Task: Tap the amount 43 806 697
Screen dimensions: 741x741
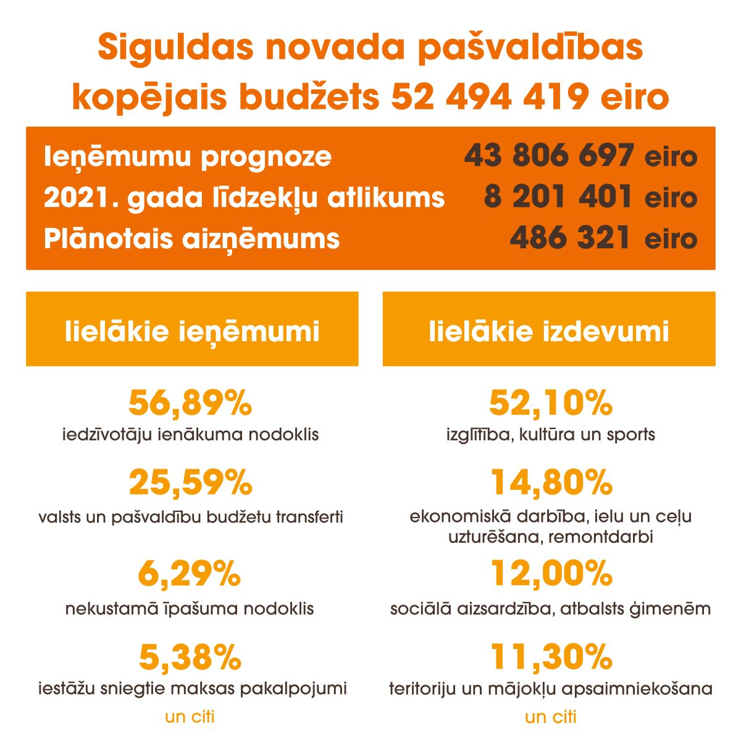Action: (x=549, y=156)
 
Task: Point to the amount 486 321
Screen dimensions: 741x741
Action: (x=569, y=238)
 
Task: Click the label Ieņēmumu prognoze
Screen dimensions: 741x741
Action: (x=188, y=157)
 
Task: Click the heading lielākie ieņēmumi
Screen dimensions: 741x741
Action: (x=192, y=332)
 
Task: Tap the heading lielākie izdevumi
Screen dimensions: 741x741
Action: (x=549, y=332)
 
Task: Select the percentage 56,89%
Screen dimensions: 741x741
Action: (x=190, y=404)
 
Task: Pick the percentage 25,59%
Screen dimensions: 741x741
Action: (x=190, y=482)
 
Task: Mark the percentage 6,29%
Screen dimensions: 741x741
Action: (x=189, y=574)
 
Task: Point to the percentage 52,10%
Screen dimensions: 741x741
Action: (x=550, y=404)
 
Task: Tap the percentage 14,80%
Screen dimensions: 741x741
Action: (x=551, y=482)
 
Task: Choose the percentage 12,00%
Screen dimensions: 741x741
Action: (x=551, y=574)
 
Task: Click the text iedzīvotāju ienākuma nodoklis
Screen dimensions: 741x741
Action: (x=190, y=435)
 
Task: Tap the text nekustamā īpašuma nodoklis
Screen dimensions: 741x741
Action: (x=190, y=609)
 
